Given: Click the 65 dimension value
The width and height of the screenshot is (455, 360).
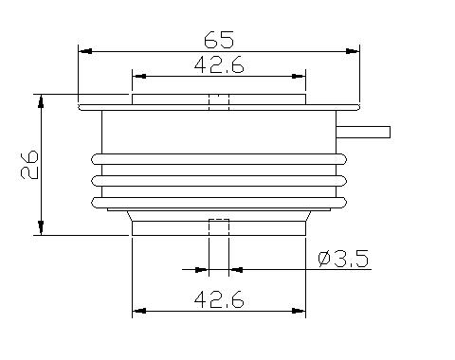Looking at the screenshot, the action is (219, 40).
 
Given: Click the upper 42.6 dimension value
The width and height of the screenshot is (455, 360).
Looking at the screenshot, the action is (219, 65).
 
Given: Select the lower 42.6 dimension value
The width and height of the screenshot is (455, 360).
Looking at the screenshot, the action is (219, 299).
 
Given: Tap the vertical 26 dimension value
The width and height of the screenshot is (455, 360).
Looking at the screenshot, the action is (29, 165).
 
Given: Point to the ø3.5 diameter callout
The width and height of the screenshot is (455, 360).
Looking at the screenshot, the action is (343, 259).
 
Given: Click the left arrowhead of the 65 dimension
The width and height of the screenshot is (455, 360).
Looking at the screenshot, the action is (85, 51).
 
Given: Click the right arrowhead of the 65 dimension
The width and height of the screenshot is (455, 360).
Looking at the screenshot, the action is (353, 51).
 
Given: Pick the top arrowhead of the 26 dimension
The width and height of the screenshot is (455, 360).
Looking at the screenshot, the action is (41, 101).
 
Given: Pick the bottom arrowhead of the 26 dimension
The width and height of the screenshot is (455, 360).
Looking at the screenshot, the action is (41, 227).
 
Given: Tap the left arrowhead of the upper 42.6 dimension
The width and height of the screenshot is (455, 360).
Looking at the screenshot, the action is (139, 76).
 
